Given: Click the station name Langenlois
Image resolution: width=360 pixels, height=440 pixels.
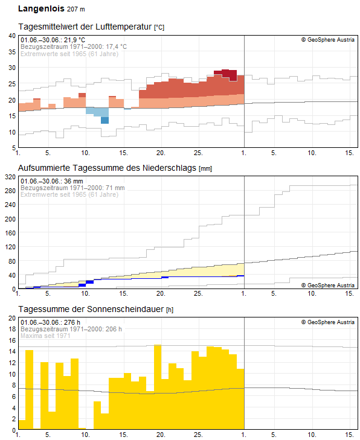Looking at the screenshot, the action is (x=41, y=8).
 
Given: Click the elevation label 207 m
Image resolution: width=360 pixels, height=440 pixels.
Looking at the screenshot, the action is (x=76, y=9).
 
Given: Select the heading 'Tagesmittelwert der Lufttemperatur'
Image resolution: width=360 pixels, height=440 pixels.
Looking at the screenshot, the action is (x=85, y=27).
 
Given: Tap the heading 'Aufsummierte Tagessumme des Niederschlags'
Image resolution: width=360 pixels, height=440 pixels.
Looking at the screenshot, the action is (x=107, y=168).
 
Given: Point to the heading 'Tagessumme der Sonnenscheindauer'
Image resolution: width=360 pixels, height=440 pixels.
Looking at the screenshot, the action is (x=91, y=309).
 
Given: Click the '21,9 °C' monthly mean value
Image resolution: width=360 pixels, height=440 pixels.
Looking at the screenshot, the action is (x=74, y=40).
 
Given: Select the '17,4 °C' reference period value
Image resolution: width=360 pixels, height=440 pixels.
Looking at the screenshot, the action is (x=116, y=46).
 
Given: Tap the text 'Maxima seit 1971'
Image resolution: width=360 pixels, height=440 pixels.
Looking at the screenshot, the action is (x=45, y=336).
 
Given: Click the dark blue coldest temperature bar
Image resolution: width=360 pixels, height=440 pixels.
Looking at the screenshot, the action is (x=104, y=120).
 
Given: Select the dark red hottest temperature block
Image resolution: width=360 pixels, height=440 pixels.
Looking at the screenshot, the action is (x=225, y=74).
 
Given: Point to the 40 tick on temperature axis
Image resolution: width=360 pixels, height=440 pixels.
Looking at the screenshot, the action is (x=12, y=36).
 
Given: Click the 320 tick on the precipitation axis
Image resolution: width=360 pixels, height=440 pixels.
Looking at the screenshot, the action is (x=10, y=177).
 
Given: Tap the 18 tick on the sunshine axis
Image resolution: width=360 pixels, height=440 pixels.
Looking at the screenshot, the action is (x=12, y=329).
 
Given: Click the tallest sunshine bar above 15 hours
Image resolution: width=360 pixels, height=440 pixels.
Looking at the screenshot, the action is (x=158, y=387).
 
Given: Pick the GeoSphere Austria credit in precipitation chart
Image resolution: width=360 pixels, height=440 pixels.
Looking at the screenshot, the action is (x=328, y=285).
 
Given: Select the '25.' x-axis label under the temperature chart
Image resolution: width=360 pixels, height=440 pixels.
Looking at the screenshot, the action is (x=198, y=153).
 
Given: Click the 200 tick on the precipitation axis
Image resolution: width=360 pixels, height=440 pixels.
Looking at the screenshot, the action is (x=10, y=219).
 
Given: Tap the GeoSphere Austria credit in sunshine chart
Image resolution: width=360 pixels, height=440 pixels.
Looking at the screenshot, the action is (x=328, y=322).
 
